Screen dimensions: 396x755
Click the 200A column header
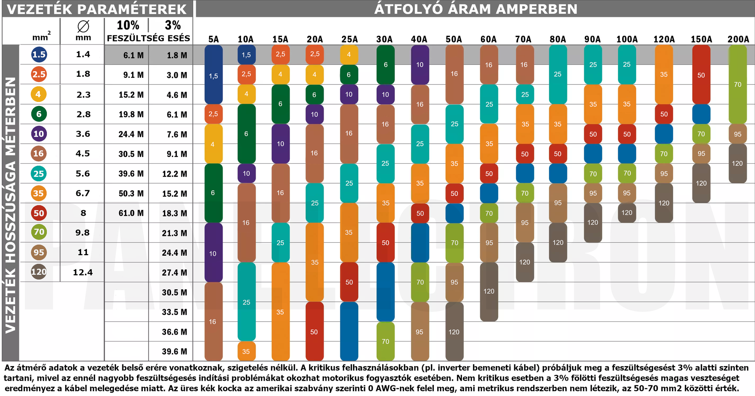(738, 39)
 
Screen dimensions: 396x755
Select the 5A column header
(214, 39)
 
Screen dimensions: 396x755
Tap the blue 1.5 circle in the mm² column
(39, 54)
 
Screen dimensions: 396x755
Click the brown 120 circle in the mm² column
(39, 272)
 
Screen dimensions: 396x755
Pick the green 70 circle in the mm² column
(39, 232)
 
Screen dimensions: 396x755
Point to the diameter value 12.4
(83, 272)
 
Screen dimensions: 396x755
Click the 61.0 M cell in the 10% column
(131, 213)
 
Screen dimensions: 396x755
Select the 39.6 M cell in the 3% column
(174, 352)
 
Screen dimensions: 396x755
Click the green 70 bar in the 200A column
(737, 84)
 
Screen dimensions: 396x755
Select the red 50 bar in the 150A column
(701, 75)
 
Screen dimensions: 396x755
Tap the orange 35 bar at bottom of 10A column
(246, 351)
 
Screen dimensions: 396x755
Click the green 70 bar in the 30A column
(385, 341)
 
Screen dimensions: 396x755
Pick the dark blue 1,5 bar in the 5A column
(214, 75)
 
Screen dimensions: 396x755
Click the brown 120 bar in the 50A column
(454, 332)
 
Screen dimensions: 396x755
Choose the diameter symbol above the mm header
(83, 26)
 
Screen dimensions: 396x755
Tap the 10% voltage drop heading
(128, 25)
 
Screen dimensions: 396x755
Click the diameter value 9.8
(83, 232)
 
